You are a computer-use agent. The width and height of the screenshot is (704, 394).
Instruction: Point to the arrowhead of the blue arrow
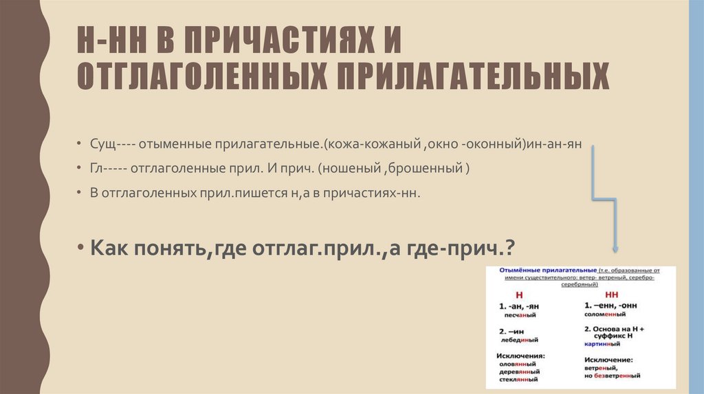pyautogui.click(x=615, y=249)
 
